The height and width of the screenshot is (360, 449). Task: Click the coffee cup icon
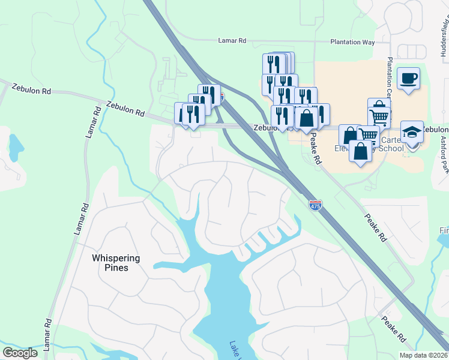(408, 79)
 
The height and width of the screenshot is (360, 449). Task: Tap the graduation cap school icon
(412, 132)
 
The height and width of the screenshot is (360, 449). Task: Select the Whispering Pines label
(116, 263)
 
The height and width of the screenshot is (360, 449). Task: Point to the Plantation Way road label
(352, 43)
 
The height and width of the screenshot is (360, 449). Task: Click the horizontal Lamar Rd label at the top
(232, 41)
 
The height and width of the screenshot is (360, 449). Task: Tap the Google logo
(20, 353)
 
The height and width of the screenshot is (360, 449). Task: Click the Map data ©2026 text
(423, 355)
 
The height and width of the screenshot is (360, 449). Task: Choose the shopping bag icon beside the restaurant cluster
(307, 118)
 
